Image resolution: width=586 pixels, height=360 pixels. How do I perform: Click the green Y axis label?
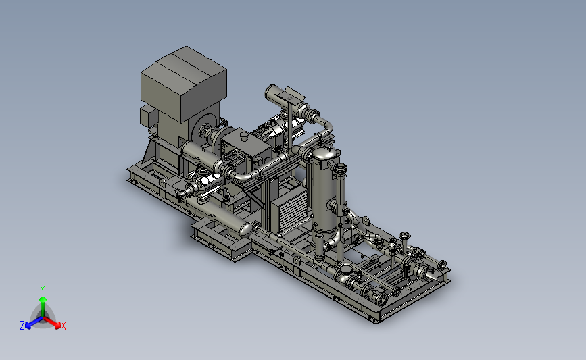[42, 290]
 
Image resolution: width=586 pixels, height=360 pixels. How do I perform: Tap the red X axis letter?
[63, 326]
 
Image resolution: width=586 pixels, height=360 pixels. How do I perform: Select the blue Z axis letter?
[22, 326]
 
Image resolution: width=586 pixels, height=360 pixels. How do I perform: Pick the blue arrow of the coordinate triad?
[34, 323]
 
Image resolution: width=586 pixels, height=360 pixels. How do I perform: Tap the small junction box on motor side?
[148, 116]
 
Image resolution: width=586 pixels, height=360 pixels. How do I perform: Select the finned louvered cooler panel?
[289, 209]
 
